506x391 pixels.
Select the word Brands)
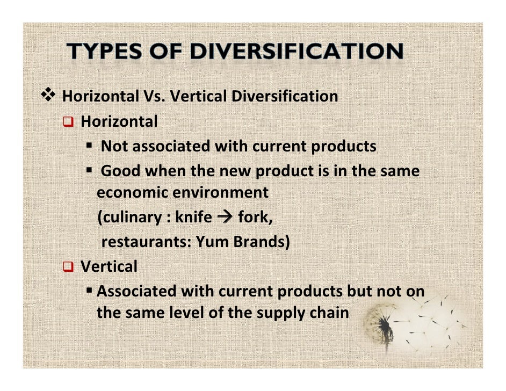coord(262,242)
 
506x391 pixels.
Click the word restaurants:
coord(144,242)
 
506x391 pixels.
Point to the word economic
coord(128,192)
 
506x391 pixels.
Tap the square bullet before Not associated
coord(90,146)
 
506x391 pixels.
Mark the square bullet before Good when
coord(90,170)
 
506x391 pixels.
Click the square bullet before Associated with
coord(90,291)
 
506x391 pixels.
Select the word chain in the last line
coord(329,312)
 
